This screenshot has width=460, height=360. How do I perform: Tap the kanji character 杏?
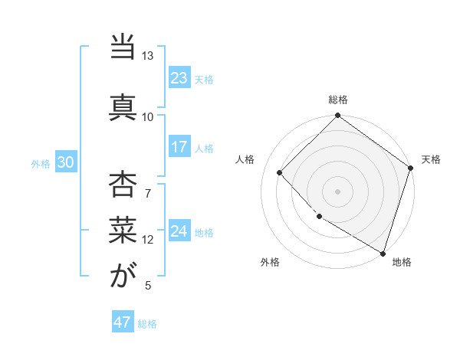pos(122,184)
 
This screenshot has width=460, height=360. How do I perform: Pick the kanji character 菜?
pos(122,227)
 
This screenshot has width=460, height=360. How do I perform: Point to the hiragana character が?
pos(122,276)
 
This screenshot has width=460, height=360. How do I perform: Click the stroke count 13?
pos(147,57)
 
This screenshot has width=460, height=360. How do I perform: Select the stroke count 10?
pos(147,117)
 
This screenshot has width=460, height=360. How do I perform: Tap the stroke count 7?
pos(148,192)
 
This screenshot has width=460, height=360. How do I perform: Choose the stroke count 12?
pos(147,240)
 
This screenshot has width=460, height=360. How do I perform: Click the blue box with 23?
pos(179,77)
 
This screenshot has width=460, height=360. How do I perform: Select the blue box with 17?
pos(179,147)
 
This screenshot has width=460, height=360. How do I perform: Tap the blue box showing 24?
pos(179,231)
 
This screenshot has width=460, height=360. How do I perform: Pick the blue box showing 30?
pos(65,163)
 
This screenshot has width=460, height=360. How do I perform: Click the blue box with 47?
pos(122,322)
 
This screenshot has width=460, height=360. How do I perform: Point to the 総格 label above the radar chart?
pos(338,100)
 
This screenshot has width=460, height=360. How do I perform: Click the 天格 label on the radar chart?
pos(431,159)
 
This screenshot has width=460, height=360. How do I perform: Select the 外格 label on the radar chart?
pos(270,262)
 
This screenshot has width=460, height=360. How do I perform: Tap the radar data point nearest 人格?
pos(280,172)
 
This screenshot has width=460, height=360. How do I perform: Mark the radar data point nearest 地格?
pos(383,253)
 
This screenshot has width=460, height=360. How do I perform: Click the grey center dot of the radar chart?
pos(337,191)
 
